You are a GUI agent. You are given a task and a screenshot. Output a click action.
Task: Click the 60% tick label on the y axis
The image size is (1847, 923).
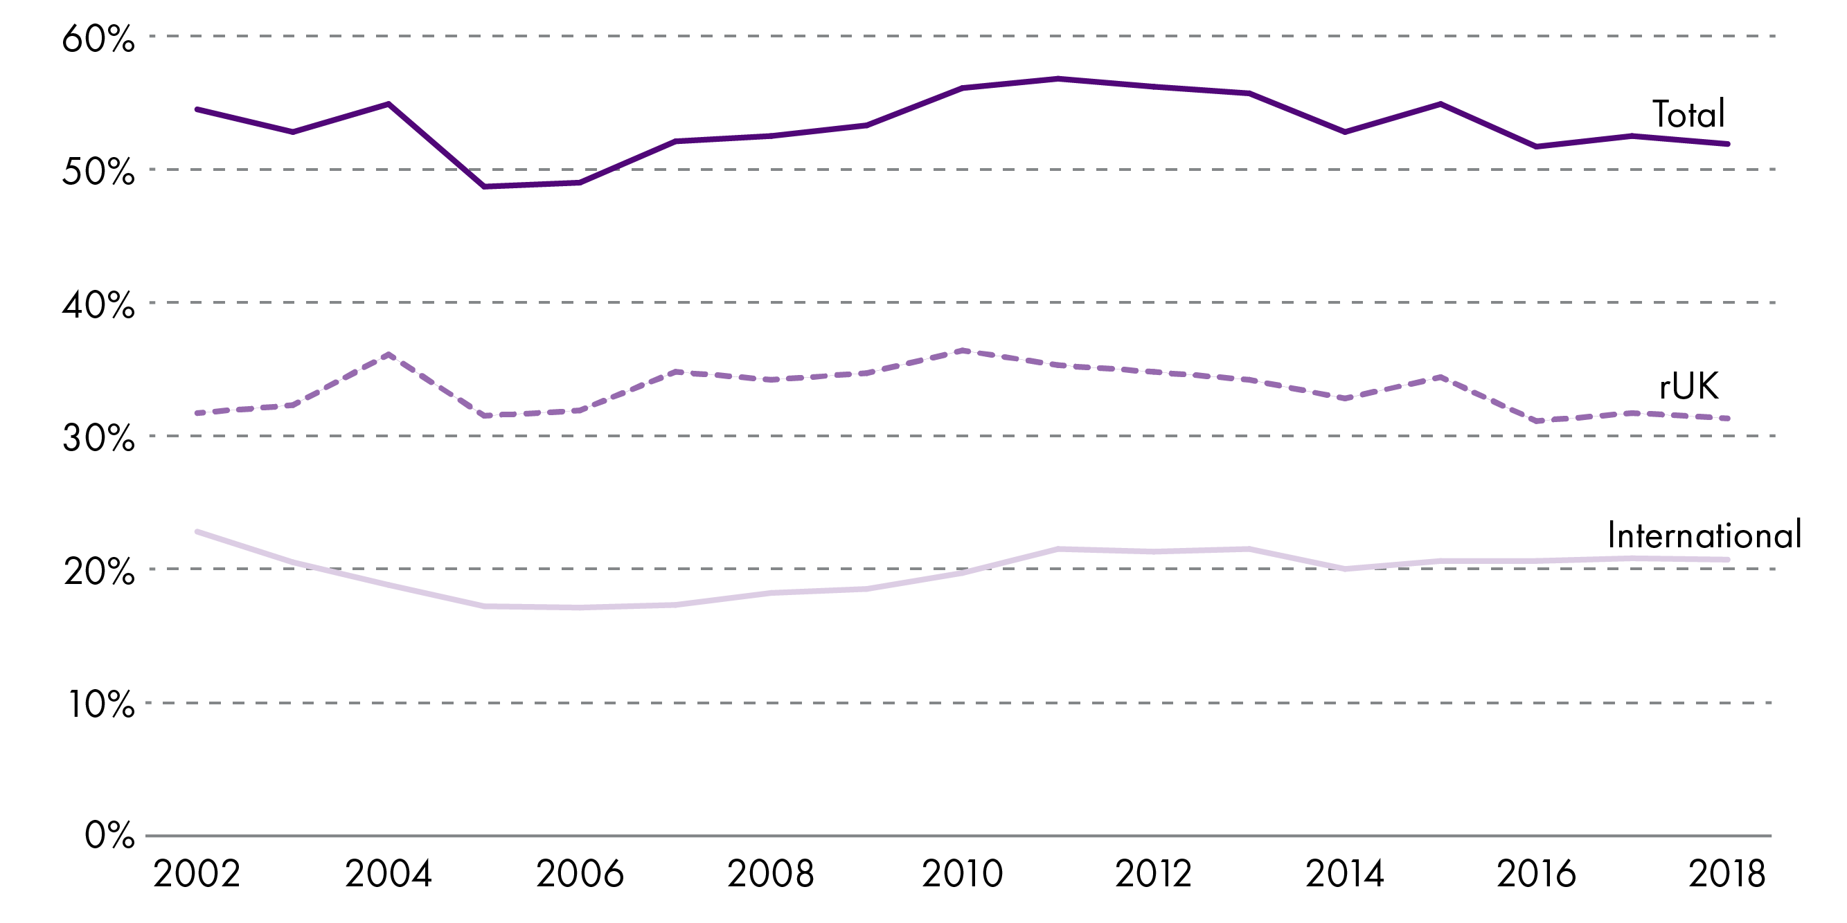(98, 39)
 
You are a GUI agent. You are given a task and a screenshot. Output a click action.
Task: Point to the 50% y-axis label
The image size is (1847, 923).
(98, 172)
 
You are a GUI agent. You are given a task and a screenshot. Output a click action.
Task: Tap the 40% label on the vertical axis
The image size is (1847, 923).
(98, 305)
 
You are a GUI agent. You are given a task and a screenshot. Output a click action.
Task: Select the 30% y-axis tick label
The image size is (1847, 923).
(98, 438)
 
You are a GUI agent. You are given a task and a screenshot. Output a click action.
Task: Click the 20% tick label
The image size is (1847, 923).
(98, 572)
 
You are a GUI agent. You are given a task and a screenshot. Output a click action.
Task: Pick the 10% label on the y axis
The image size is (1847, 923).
(100, 704)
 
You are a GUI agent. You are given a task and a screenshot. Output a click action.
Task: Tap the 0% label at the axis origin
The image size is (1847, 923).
(109, 836)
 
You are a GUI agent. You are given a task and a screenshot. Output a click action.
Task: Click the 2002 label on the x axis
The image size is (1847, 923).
(197, 875)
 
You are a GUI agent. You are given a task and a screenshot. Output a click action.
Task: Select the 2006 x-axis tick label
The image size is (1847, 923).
(580, 875)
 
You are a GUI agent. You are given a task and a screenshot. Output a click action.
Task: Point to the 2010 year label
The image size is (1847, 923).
(962, 875)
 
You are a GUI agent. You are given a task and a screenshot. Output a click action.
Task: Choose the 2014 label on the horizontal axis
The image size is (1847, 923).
(1344, 875)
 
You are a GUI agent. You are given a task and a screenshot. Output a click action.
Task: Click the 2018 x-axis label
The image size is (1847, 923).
(1726, 875)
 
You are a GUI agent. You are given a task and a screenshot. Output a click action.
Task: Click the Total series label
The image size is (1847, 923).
(1688, 115)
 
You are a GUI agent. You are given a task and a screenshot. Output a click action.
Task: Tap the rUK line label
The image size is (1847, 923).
(1688, 387)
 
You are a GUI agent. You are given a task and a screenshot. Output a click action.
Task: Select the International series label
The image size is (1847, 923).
(1704, 536)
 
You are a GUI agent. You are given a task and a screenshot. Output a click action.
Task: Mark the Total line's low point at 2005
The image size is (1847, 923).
(485, 186)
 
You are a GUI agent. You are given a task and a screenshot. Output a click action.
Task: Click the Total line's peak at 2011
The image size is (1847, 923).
(1058, 78)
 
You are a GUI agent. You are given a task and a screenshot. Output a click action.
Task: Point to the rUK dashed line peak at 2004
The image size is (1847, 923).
(389, 354)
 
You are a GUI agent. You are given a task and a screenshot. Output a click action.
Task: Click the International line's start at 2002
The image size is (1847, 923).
(197, 531)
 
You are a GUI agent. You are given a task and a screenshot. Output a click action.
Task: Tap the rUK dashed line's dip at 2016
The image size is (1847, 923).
(1536, 421)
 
